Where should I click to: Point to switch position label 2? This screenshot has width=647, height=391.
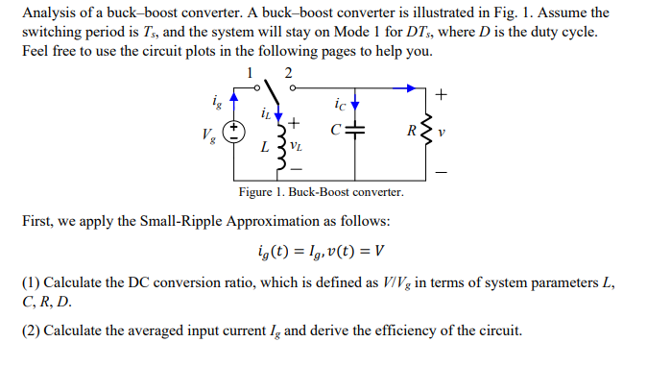coord(289,72)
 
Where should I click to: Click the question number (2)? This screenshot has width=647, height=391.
coord(31,331)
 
